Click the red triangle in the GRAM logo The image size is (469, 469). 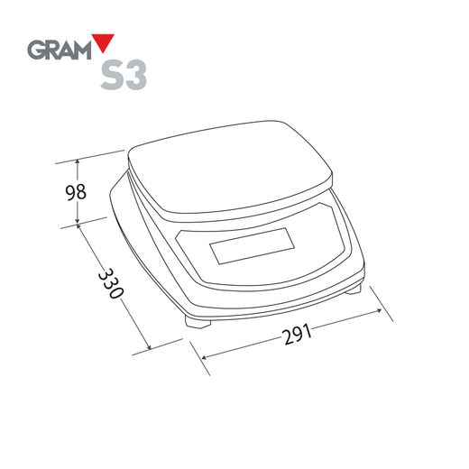[x=103, y=41]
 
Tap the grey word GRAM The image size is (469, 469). [x=60, y=50]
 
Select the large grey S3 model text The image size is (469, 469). [x=124, y=75]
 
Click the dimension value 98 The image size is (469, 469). [x=76, y=192]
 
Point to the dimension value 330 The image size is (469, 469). [x=111, y=283]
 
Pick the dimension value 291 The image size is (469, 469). [x=297, y=334]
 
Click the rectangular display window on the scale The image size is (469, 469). [x=252, y=246]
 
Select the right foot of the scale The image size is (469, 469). [x=353, y=290]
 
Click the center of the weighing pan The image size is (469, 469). [x=230, y=169]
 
